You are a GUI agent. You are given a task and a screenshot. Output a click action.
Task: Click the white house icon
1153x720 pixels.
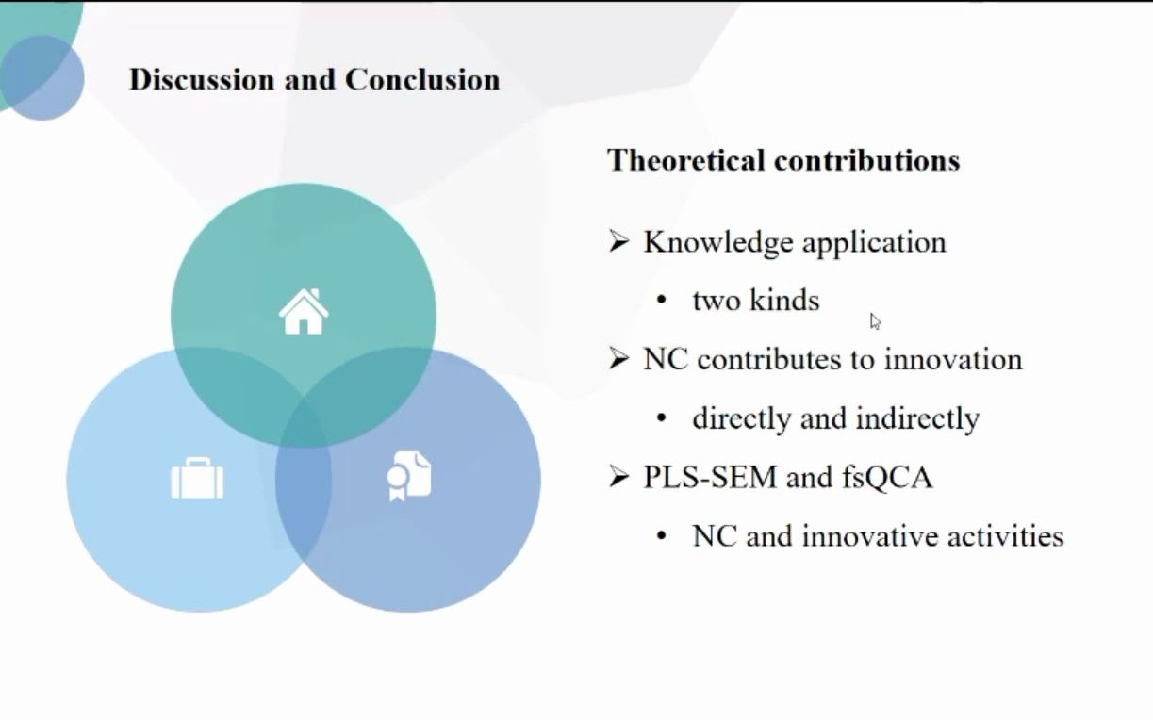[304, 311]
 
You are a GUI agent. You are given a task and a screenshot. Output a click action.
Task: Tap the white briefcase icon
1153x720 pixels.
[197, 478]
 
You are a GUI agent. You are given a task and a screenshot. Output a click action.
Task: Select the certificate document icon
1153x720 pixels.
[409, 476]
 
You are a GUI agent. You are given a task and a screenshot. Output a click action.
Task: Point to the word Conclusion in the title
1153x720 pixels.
[422, 80]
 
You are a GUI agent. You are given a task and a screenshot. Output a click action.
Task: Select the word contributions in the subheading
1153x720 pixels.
[866, 160]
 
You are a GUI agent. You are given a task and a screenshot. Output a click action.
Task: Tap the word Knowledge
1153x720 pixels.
[718, 242]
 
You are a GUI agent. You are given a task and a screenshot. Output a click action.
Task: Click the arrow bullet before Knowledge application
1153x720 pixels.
[618, 241]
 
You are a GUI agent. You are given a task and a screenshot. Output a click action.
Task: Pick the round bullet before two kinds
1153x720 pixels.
[662, 301]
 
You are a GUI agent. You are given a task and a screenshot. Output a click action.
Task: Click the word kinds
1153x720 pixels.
[784, 300]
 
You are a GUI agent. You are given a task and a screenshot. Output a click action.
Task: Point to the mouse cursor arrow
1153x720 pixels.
[875, 321]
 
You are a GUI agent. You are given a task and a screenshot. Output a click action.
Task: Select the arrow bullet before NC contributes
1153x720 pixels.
[618, 359]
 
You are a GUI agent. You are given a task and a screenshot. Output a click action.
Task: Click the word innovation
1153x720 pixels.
[953, 359]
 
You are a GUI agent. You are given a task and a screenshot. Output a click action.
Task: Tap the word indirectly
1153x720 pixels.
[917, 418]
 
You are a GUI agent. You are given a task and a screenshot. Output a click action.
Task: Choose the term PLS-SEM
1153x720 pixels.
[710, 477]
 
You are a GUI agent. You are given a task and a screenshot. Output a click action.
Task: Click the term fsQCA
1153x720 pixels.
[887, 478]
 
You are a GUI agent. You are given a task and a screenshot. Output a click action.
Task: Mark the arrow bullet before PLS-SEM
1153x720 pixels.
[618, 477]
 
